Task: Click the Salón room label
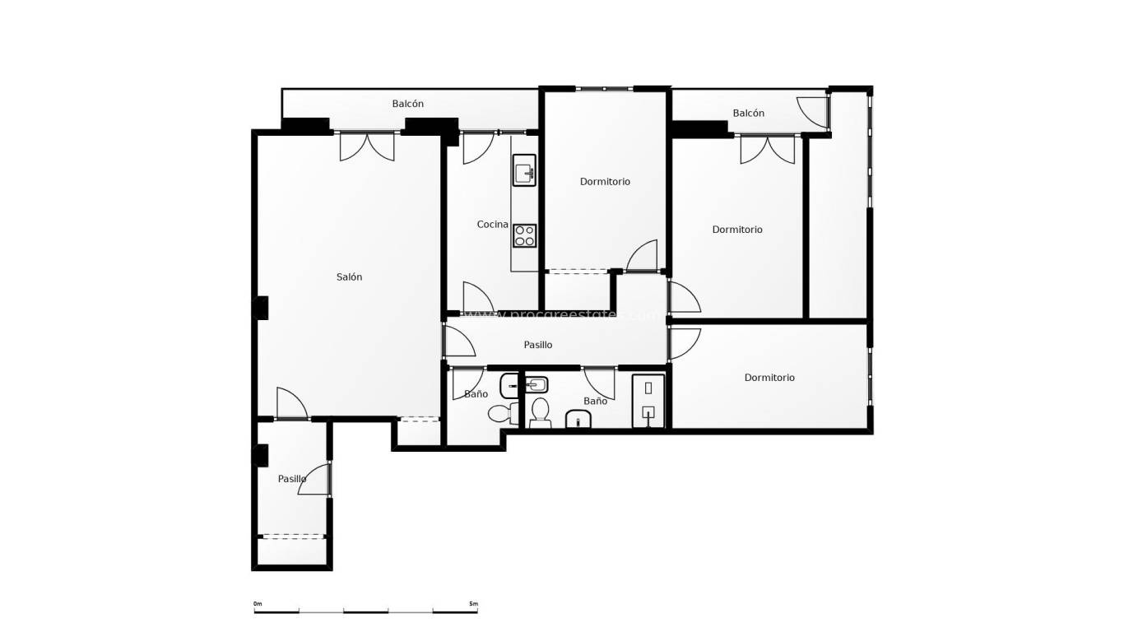coord(349,277)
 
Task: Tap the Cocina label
coord(492,225)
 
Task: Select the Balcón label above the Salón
coord(408,104)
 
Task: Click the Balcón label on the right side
coord(748,114)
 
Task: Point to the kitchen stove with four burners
coord(524,235)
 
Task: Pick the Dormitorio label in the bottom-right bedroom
coord(769,378)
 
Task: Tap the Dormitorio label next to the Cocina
coord(605,182)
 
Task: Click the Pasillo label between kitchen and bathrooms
coord(538,345)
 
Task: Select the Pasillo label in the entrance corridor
coord(291,479)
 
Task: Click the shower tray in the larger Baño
coord(648,402)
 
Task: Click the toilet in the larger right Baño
coord(540,411)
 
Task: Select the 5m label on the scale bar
coord(473,604)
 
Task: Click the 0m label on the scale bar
coord(258,604)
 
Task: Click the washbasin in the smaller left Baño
coord(510,383)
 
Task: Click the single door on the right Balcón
coord(813,113)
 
